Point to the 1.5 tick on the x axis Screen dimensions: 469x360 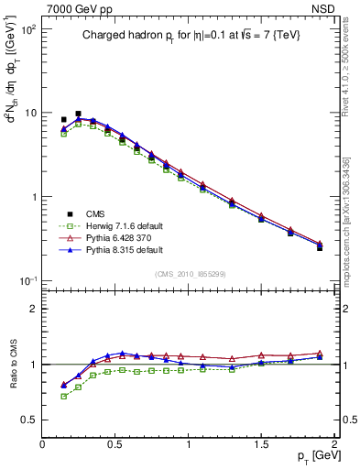(261, 444)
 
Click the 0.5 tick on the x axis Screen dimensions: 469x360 (115, 444)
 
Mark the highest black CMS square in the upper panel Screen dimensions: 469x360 (79, 115)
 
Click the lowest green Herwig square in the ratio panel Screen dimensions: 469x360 (64, 396)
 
